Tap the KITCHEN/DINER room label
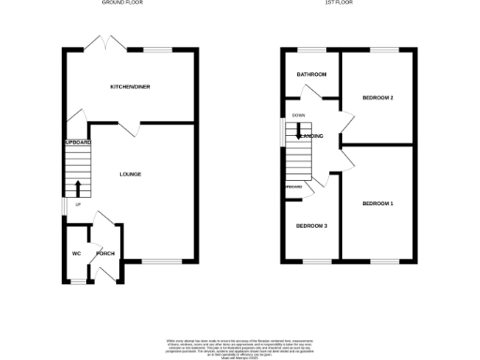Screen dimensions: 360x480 point(130,86)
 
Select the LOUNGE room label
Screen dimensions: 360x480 point(130,173)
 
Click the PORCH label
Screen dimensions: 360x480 point(105,254)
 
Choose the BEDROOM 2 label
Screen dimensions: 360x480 point(377,97)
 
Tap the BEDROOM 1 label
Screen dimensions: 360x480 point(378,203)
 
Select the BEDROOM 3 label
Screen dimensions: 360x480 point(311,226)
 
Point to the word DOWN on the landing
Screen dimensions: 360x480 point(299,115)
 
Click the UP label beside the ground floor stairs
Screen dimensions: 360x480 point(79,203)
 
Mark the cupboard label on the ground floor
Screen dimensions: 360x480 point(77,142)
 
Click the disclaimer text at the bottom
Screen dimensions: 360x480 point(240,344)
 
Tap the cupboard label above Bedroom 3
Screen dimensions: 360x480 point(293,187)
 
